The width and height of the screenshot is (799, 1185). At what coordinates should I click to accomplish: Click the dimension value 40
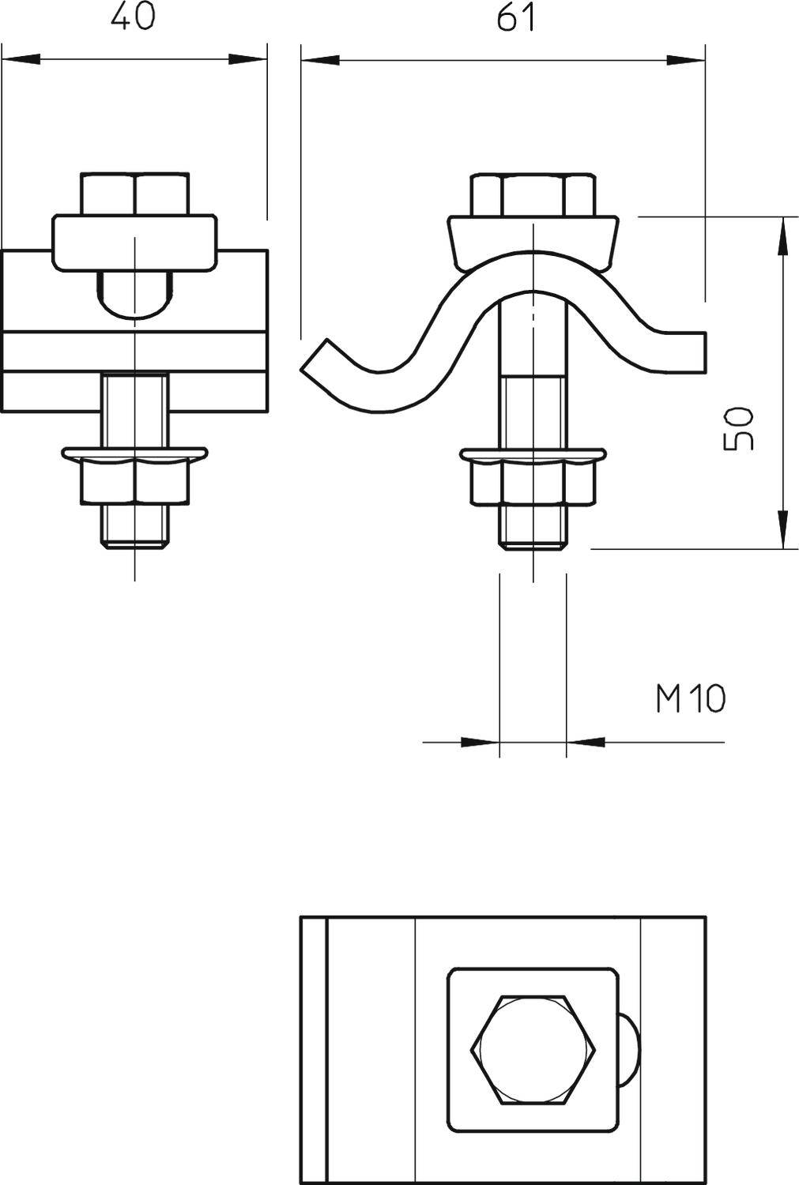(x=133, y=17)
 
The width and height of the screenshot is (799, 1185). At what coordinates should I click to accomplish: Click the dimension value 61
(x=516, y=17)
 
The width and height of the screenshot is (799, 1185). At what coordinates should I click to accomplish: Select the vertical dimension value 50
(x=739, y=429)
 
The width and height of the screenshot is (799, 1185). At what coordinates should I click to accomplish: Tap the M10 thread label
(x=690, y=698)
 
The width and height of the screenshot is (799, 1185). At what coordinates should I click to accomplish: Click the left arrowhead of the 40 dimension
(x=21, y=59)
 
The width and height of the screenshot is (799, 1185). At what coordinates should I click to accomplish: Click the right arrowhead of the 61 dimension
(x=685, y=59)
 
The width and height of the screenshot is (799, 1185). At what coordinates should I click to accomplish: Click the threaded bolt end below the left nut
(x=134, y=525)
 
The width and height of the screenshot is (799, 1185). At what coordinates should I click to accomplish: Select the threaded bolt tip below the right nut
(x=533, y=525)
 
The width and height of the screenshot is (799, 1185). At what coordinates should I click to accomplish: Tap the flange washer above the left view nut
(x=135, y=453)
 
